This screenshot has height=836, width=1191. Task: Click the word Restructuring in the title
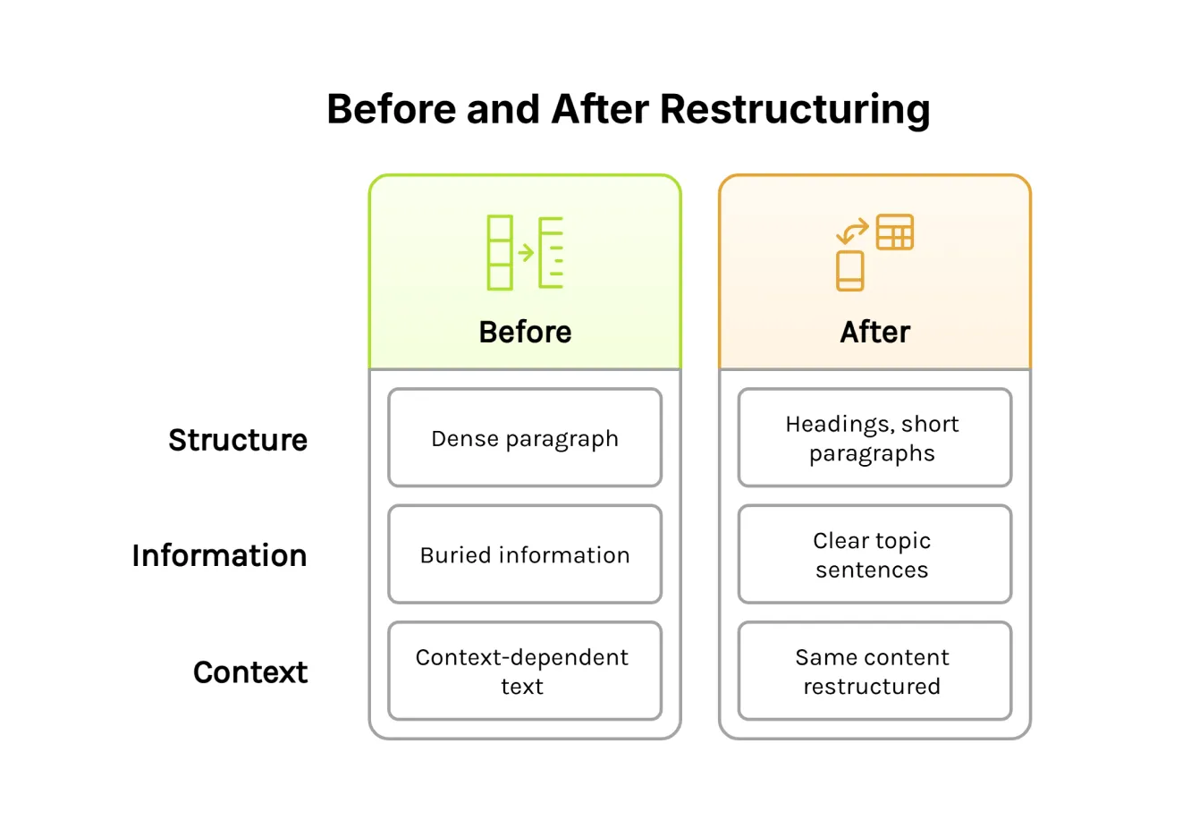point(794,110)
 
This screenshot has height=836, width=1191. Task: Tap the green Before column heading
point(525,333)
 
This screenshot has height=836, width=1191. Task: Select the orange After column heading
point(874,333)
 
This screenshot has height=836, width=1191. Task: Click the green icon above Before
point(525,252)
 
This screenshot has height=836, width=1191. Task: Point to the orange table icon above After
point(894,232)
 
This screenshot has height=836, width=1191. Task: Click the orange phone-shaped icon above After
point(849,271)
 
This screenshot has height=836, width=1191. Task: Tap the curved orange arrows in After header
point(852,232)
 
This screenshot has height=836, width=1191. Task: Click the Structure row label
point(238,440)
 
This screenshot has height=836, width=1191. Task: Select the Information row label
point(219,556)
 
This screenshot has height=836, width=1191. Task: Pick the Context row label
point(250,672)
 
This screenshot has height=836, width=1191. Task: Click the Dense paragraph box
point(525,438)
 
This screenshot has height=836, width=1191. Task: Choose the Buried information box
point(525,555)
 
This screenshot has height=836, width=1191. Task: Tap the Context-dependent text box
point(525,671)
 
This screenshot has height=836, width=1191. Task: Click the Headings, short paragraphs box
point(874,438)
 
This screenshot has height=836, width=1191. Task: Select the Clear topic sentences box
point(874,555)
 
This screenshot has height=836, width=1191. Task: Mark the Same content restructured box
point(874,671)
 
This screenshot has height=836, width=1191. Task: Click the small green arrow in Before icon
point(526,253)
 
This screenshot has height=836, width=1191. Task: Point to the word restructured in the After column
point(872,687)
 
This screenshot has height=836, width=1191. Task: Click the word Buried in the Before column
point(455,555)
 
